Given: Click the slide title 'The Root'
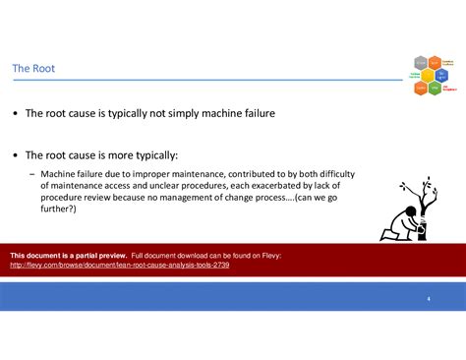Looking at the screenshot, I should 33,68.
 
